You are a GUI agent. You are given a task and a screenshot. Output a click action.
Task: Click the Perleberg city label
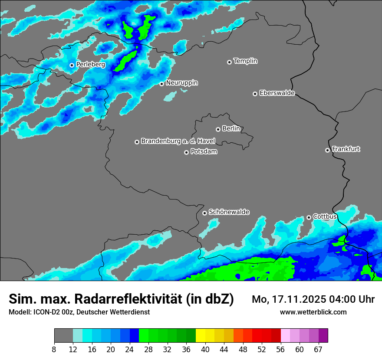pyautogui.click(x=90, y=65)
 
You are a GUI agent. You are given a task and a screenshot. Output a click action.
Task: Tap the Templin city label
pyautogui.click(x=245, y=61)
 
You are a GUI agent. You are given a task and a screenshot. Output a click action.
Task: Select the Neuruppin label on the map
pyautogui.click(x=181, y=83)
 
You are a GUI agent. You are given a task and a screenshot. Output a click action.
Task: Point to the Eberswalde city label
pyautogui.click(x=277, y=93)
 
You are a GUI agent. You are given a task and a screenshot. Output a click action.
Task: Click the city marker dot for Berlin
pyautogui.click(x=218, y=129)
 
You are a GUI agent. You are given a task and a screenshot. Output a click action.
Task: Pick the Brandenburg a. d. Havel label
pyautogui.click(x=178, y=141)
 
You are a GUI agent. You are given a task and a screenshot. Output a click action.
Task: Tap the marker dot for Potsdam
pyautogui.click(x=186, y=152)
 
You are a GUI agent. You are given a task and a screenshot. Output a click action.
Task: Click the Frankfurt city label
pyautogui.click(x=346, y=149)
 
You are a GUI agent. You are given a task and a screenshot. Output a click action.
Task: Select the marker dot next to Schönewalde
pyautogui.click(x=204, y=213)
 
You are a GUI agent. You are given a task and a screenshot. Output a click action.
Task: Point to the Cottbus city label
pyautogui.click(x=325, y=216)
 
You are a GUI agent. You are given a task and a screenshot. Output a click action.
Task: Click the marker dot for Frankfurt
pyautogui.click(x=327, y=150)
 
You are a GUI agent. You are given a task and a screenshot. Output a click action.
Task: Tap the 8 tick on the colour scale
pyautogui.click(x=54, y=349)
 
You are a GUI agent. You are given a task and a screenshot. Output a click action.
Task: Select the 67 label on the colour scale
pyautogui.click(x=318, y=349)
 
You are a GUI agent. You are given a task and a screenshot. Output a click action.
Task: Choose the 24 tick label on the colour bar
pyautogui.click(x=129, y=349)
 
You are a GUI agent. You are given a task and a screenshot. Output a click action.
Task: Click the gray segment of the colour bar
pyautogui.click(x=63, y=336)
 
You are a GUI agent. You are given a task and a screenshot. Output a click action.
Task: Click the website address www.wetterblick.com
pyautogui.click(x=313, y=312)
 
